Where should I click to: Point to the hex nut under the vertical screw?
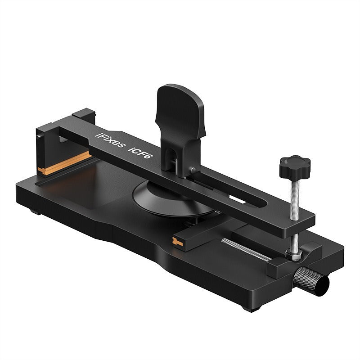tap(295, 256)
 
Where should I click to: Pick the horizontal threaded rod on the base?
tap(245, 249)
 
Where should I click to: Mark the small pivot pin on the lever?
tap(193, 170)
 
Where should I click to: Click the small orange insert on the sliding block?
tap(180, 242)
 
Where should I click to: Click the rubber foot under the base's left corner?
tap(34, 210)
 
